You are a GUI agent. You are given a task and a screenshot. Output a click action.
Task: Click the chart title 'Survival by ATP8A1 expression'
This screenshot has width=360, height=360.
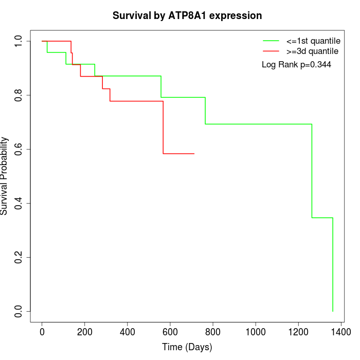coord(187,15)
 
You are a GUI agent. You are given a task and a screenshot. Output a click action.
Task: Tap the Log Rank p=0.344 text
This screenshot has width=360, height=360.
coord(296,65)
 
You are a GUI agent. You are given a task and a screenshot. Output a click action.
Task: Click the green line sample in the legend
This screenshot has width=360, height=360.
coord(271,41)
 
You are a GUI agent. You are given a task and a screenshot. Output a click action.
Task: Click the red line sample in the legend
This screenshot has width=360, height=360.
coord(271,51)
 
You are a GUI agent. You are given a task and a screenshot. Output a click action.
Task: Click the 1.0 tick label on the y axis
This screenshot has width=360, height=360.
coord(19,41)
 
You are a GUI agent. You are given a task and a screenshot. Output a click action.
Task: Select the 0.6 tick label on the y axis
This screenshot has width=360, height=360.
coord(19,149)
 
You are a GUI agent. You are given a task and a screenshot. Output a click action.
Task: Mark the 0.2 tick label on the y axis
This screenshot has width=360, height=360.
coord(19,257)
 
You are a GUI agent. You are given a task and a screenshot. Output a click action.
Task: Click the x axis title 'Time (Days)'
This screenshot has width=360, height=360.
coord(187,347)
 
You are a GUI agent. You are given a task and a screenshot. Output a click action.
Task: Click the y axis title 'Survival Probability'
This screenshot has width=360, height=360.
coord(5,176)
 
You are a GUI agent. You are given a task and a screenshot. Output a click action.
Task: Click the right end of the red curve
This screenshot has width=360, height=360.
coord(194,153)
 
